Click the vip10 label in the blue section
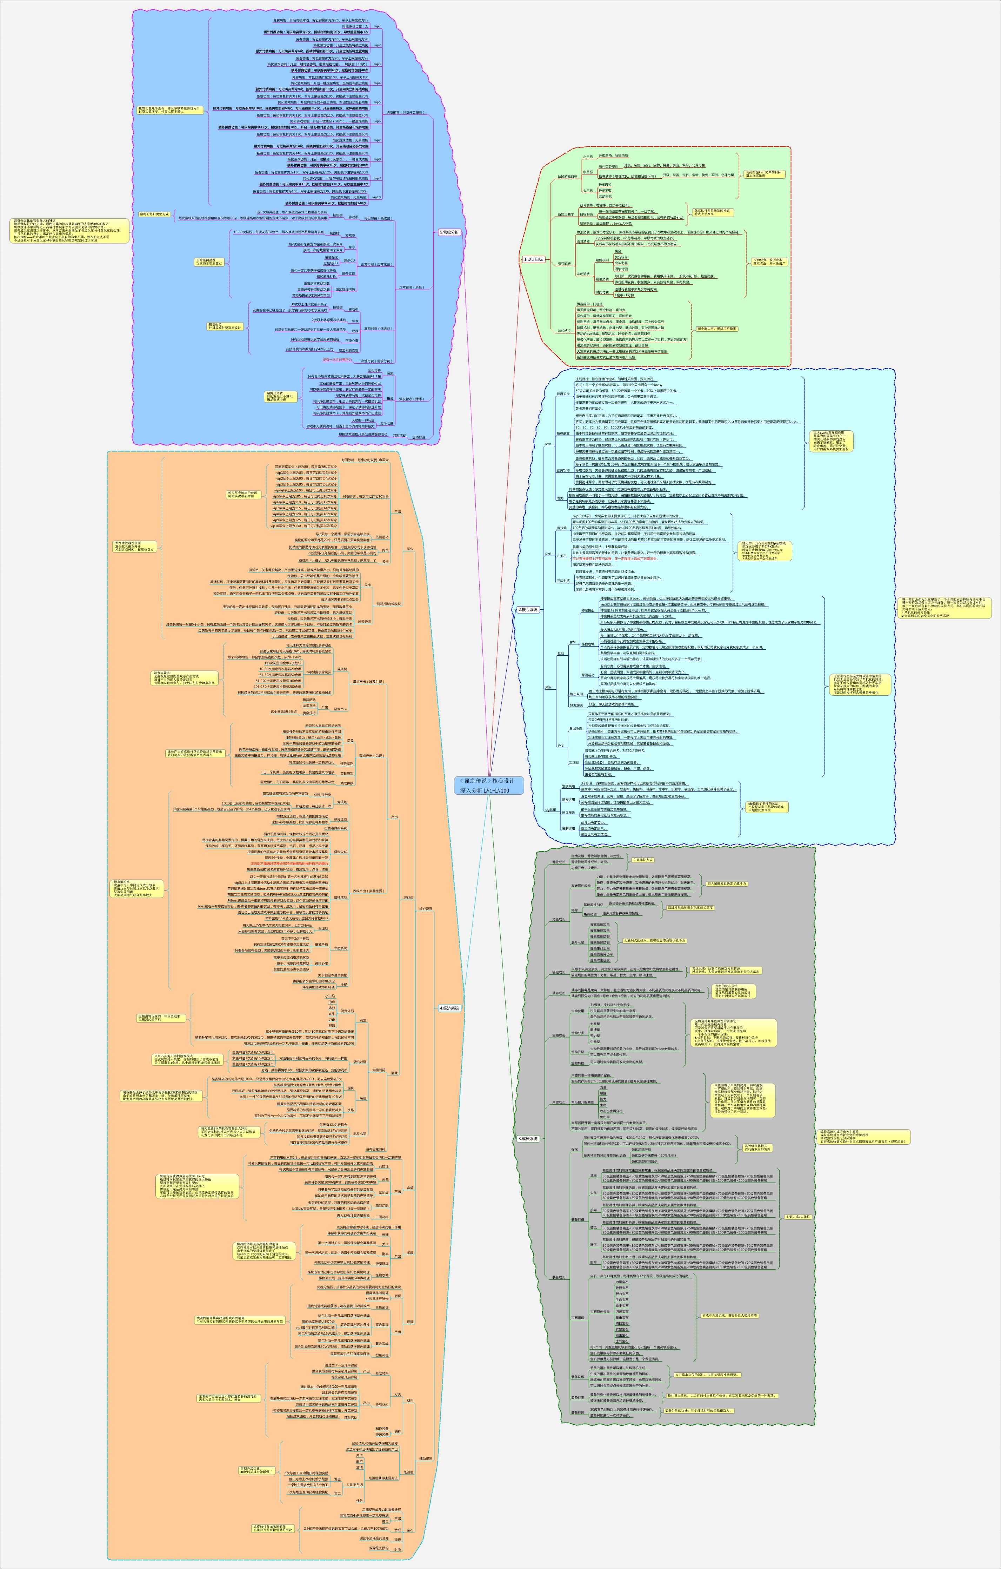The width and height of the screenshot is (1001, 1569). pyautogui.click(x=376, y=197)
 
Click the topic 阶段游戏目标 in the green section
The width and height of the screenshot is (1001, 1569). pyautogui.click(x=567, y=176)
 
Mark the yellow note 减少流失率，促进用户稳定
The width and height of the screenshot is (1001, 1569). pyautogui.click(x=718, y=329)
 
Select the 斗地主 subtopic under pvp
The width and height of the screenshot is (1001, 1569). pyautogui.click(x=561, y=555)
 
